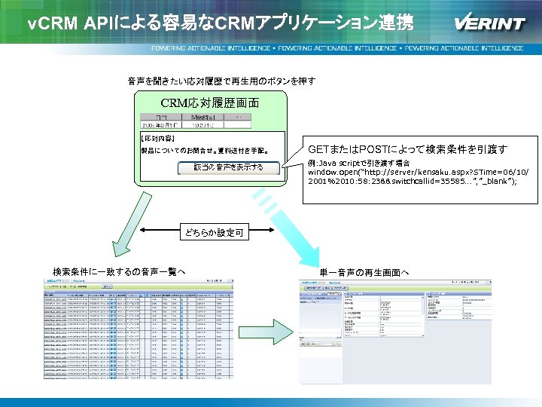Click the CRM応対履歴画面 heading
point(210,103)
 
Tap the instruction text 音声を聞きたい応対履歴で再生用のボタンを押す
point(221,81)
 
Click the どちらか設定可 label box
point(215,234)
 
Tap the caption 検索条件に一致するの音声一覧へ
point(119,271)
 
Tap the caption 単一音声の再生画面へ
point(364,271)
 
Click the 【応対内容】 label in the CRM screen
point(157,139)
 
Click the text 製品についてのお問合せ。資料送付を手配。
point(205,149)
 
